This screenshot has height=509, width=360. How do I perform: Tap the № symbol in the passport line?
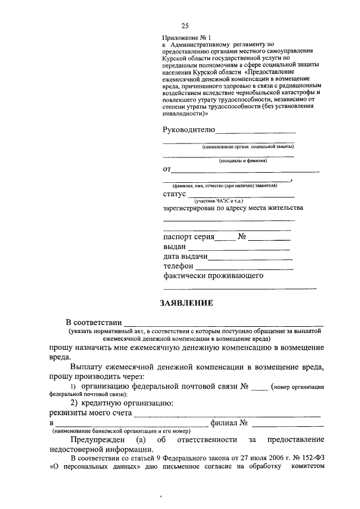click(x=243, y=237)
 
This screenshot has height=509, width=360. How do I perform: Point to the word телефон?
click(x=179, y=266)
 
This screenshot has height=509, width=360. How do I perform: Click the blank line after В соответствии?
click(x=223, y=325)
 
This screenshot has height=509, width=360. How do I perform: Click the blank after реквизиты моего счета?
click(x=227, y=416)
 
